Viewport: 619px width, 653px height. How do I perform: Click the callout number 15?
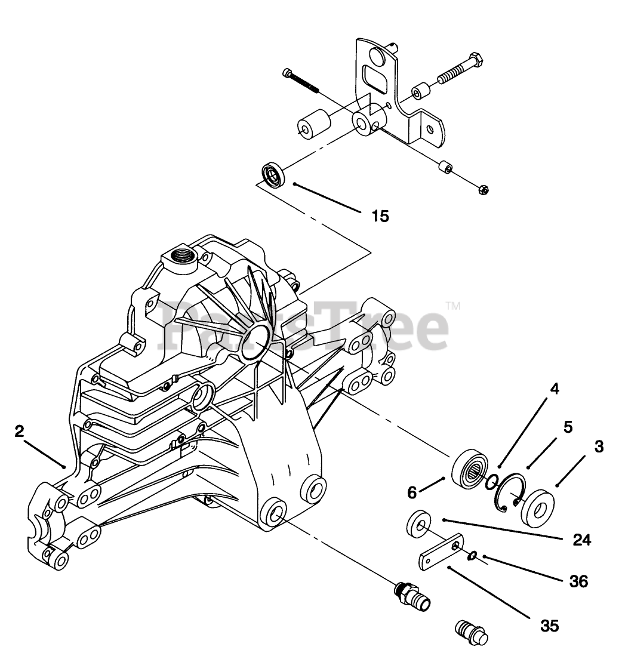pos(380,215)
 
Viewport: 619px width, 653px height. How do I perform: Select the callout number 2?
pos(20,431)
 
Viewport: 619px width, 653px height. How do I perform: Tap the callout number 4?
pos(555,389)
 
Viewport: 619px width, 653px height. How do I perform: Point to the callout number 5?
pos(568,427)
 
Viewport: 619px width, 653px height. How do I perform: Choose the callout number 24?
pos(581,540)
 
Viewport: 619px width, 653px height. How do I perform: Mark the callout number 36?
pos(578,580)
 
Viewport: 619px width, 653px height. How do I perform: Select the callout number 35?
pos(549,626)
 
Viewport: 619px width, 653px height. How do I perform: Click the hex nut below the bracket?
pos(484,190)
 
